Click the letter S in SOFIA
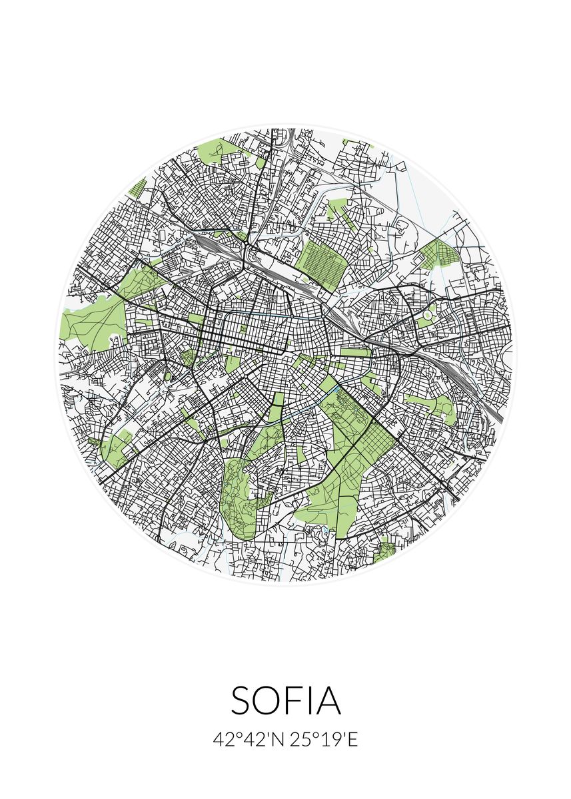coord(244,700)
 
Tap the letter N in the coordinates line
coord(281,740)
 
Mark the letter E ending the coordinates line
coord(353,740)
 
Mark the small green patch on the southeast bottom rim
coord(385,551)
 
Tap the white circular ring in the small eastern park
coord(426,314)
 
